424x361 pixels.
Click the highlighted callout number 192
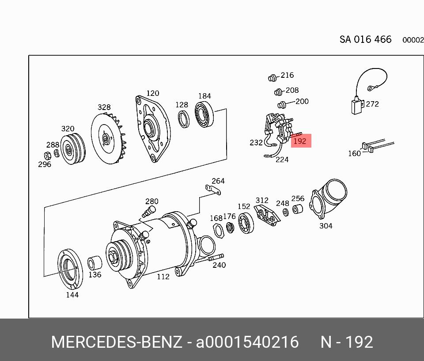point(300,141)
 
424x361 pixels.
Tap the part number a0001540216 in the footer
point(247,342)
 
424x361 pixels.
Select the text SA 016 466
point(365,39)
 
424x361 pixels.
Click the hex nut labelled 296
point(46,155)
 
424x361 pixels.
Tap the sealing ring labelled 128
point(184,119)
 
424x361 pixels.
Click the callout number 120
point(153,93)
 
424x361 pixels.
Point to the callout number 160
point(354,153)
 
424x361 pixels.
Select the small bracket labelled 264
point(213,190)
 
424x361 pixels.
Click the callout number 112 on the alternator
point(163,277)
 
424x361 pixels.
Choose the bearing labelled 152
point(246,223)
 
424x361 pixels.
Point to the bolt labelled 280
point(149,211)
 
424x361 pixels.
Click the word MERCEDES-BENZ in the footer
point(116,342)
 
